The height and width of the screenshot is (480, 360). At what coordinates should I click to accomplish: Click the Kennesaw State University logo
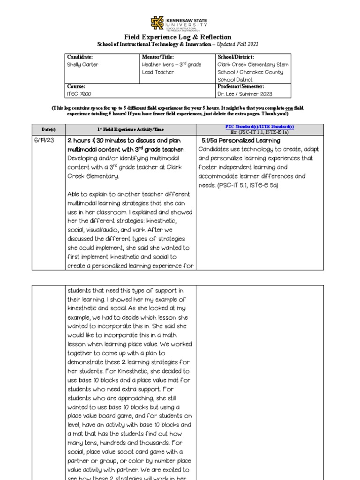178,23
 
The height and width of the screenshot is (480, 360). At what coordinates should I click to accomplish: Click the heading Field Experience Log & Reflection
177,37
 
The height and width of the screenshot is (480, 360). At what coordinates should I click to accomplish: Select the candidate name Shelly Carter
83,65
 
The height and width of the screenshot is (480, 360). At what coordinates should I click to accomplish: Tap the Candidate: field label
80,57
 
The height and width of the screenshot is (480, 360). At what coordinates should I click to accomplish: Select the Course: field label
76,87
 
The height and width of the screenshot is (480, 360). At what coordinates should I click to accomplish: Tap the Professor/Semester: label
240,87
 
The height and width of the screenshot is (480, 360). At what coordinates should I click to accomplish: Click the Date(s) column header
48,129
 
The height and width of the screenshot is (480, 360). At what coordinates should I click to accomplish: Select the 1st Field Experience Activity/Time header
130,129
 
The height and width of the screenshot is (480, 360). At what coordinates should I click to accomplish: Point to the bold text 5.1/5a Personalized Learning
241,141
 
